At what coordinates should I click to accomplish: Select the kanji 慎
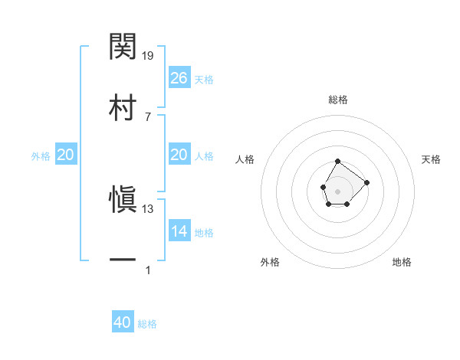pyautogui.click(x=123, y=201)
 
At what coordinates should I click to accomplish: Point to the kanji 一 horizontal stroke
pyautogui.click(x=123, y=260)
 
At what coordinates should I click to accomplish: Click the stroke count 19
pyautogui.click(x=149, y=55)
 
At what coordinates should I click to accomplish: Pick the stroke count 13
pyautogui.click(x=148, y=208)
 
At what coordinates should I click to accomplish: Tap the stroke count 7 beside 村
pyautogui.click(x=148, y=116)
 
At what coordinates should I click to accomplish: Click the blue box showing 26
pyautogui.click(x=179, y=78)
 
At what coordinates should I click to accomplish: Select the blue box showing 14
pyautogui.click(x=179, y=231)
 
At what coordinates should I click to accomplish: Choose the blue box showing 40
pyautogui.click(x=123, y=322)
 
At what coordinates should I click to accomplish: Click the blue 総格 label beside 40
pyautogui.click(x=147, y=324)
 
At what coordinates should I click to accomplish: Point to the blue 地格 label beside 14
pyautogui.click(x=204, y=233)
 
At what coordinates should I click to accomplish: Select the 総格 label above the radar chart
pyautogui.click(x=338, y=100)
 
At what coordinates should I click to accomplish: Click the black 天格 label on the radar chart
pyautogui.click(x=431, y=159)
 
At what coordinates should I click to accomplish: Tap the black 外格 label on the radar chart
pyautogui.click(x=270, y=262)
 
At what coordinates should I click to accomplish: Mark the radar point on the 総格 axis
pyautogui.click(x=338, y=162)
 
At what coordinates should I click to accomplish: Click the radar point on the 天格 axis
pyautogui.click(x=366, y=182)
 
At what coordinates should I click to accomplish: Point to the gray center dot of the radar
pyautogui.click(x=338, y=190)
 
